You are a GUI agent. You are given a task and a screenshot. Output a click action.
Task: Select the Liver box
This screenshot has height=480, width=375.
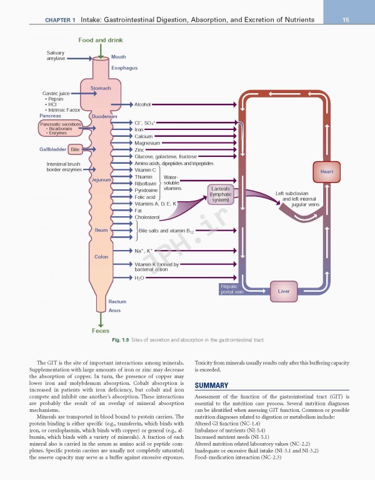click(283, 291)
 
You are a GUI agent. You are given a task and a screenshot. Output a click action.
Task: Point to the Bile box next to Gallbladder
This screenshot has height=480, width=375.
click(75, 150)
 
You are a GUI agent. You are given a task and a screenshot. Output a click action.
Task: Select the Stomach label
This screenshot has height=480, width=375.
click(101, 89)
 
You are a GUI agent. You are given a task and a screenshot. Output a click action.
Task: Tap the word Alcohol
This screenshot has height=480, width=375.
click(142, 104)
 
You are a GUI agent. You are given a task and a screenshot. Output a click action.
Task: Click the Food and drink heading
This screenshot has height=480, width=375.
click(101, 40)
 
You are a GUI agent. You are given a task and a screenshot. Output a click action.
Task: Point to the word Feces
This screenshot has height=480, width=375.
click(101, 331)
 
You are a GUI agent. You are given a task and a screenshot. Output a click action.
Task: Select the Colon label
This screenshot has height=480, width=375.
click(101, 257)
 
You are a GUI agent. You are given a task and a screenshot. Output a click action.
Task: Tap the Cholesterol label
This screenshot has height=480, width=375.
click(147, 217)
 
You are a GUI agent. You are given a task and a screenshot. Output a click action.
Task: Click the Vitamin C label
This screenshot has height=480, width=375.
click(145, 170)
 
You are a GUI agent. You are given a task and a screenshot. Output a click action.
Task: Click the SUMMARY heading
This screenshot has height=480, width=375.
click(212, 386)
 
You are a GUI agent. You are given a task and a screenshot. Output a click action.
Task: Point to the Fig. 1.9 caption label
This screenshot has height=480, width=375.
click(120, 339)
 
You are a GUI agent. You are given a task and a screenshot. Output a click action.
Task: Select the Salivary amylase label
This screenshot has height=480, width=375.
click(56, 56)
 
